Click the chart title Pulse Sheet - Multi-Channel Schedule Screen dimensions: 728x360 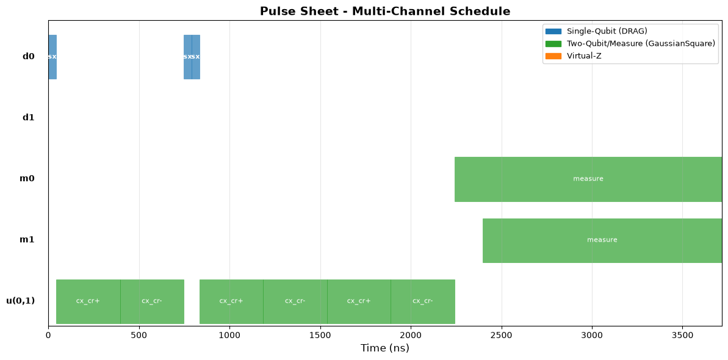pyautogui.click(x=385, y=11)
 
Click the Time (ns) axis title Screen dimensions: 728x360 pyautogui.click(x=385, y=348)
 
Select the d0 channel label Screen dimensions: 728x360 pyautogui.click(x=28, y=57)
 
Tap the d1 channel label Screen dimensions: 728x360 pyautogui.click(x=28, y=118)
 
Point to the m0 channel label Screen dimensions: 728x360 pyautogui.click(x=27, y=179)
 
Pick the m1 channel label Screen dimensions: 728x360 pyautogui.click(x=27, y=240)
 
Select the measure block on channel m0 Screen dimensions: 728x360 pyautogui.click(x=588, y=179)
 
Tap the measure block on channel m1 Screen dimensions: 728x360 pyautogui.click(x=602, y=240)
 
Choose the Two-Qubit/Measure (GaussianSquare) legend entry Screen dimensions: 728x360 pyautogui.click(x=630, y=44)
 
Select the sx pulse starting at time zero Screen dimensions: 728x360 pyautogui.click(x=52, y=57)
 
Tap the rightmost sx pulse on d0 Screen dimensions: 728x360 pyautogui.click(x=196, y=57)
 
